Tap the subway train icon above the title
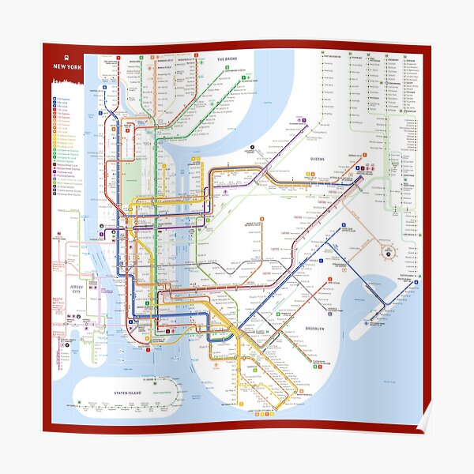(67, 56)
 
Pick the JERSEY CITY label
(77, 289)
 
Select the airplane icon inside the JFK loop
(388, 252)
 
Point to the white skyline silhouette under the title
(67, 79)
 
